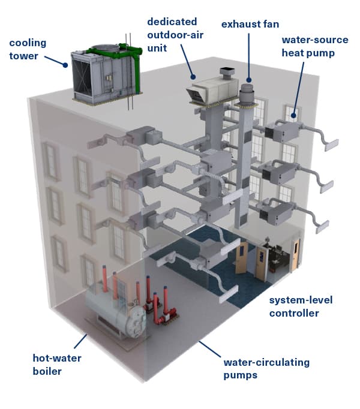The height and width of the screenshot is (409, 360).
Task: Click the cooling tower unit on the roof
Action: pos(105,75)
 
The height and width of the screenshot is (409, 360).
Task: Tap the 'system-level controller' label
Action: pos(301,306)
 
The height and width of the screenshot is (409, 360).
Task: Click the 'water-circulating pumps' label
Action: pos(266,368)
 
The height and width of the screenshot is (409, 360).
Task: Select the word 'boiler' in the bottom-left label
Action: pos(48,371)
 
